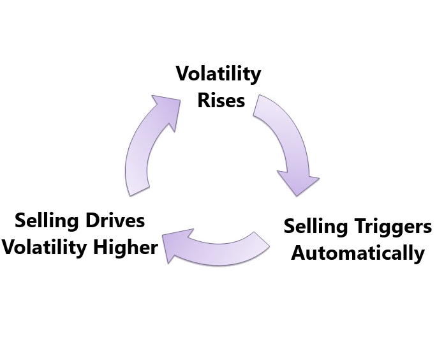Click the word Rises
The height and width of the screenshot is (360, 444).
tap(221, 100)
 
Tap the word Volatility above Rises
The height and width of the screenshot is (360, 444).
tap(218, 74)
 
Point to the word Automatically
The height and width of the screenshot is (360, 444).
tap(357, 253)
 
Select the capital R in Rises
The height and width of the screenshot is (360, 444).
tap(203, 100)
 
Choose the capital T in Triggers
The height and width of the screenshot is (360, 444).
tap(363, 227)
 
